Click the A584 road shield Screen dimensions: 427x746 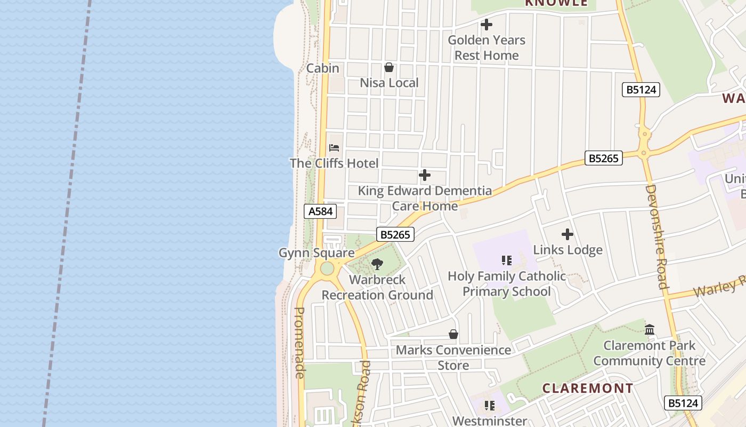pyautogui.click(x=321, y=211)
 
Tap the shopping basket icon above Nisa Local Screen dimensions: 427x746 pyautogui.click(x=389, y=67)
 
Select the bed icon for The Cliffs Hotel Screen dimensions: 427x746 pyautogui.click(x=334, y=148)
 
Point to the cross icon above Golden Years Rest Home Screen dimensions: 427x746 pyautogui.click(x=486, y=25)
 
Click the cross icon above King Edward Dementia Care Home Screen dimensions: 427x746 pyautogui.click(x=425, y=175)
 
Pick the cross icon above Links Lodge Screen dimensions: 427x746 pyautogui.click(x=567, y=234)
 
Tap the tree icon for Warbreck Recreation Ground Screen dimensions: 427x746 pyautogui.click(x=377, y=264)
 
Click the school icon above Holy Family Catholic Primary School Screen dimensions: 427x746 pyautogui.click(x=506, y=260)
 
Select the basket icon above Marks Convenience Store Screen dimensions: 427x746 pyautogui.click(x=453, y=335)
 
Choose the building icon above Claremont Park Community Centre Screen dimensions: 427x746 pyautogui.click(x=649, y=330)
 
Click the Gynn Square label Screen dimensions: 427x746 pyautogui.click(x=317, y=253)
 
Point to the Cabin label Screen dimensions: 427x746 pyautogui.click(x=322, y=68)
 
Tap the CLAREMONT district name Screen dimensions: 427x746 pyautogui.click(x=588, y=388)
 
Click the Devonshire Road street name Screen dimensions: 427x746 pyautogui.click(x=656, y=236)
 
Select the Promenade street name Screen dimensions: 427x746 pyautogui.click(x=299, y=343)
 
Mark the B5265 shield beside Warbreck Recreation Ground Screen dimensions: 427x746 pyautogui.click(x=395, y=234)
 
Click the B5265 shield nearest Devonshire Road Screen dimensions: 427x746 pyautogui.click(x=603, y=158)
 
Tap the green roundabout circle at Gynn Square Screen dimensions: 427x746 pyautogui.click(x=327, y=268)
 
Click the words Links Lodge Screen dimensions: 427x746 pyautogui.click(x=567, y=250)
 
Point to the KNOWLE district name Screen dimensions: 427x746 pyautogui.click(x=556, y=3)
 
